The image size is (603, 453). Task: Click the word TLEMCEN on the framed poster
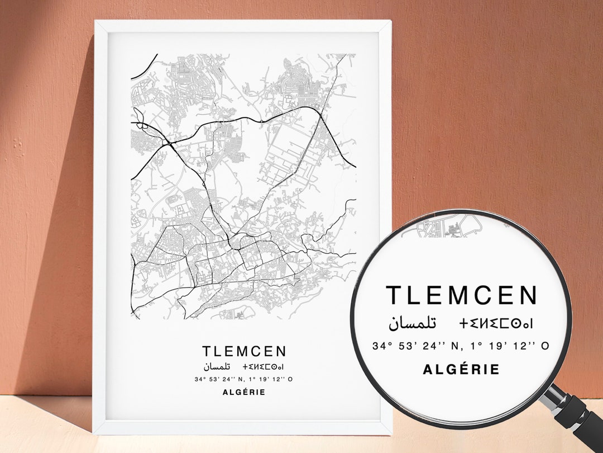click(x=244, y=351)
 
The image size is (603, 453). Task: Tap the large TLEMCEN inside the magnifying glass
click(x=461, y=295)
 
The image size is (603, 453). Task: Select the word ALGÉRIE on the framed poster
click(x=244, y=392)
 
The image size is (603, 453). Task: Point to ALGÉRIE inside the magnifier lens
click(x=461, y=369)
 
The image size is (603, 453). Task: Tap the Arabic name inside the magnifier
click(x=413, y=323)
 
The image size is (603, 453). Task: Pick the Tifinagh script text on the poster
click(x=264, y=367)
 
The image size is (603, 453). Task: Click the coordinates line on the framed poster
click(x=244, y=379)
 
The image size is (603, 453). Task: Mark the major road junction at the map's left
click(x=169, y=143)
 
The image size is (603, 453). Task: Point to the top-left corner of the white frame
click(x=96, y=22)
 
